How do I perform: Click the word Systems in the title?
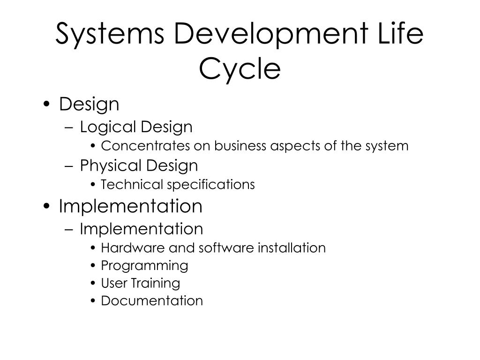[x=110, y=34]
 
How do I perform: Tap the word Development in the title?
[x=271, y=34]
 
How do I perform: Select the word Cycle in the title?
[x=240, y=69]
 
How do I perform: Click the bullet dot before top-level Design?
[x=46, y=104]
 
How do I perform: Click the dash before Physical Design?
[x=69, y=166]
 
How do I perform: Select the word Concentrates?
[x=145, y=146]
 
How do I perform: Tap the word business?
[x=240, y=145]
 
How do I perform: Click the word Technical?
[x=132, y=184]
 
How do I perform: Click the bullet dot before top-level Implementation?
[x=46, y=206]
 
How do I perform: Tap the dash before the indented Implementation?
[x=69, y=229]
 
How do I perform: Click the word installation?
[x=292, y=247]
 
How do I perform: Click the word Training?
[x=156, y=284]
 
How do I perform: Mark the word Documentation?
[x=152, y=301]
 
